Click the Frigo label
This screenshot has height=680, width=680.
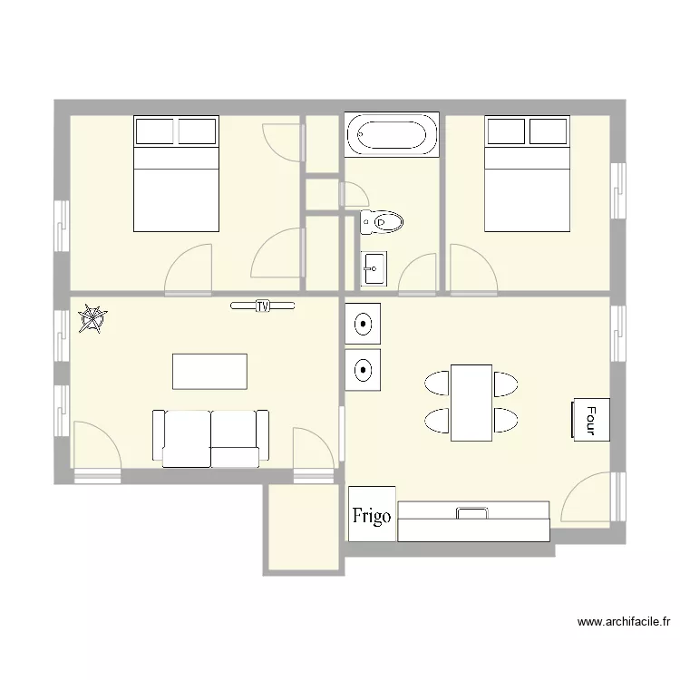[372, 516]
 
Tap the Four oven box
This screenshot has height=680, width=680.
[590, 420]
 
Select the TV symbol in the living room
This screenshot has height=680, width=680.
[262, 306]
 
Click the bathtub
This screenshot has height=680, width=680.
[392, 134]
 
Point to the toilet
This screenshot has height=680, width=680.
[381, 222]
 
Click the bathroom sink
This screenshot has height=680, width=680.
[374, 268]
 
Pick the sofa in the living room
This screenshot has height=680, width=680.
[210, 439]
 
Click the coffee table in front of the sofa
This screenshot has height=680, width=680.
[210, 372]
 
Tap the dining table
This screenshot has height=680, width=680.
[471, 403]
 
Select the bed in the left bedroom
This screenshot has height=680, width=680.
[176, 173]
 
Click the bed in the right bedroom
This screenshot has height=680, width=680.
[527, 173]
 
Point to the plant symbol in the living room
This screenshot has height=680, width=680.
[92, 319]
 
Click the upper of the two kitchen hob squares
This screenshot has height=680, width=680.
[363, 324]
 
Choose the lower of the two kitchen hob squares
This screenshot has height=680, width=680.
[363, 370]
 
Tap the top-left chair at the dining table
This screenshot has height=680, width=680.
[437, 383]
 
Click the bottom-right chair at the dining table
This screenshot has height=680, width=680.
[506, 420]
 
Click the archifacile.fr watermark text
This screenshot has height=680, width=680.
[624, 622]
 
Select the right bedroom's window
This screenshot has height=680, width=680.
[618, 190]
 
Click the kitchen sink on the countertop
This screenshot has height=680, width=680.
[471, 513]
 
